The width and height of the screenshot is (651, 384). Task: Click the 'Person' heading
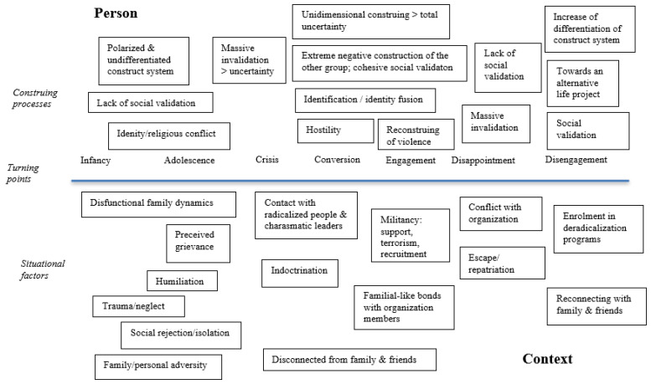tap(116, 13)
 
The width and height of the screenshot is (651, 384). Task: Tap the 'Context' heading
tap(547, 359)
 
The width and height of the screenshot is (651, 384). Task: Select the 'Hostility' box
tap(335, 131)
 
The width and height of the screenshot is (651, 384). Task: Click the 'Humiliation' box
tap(182, 281)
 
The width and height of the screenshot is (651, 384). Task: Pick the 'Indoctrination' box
tap(300, 274)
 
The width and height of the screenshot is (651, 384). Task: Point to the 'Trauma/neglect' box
tap(139, 306)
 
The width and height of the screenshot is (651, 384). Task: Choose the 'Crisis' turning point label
tap(267, 160)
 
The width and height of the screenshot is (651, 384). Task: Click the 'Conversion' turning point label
tap(337, 160)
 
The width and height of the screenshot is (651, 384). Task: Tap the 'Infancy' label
tap(96, 161)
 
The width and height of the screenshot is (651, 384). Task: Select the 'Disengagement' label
tap(576, 160)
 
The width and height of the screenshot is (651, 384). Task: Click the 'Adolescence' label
tap(189, 161)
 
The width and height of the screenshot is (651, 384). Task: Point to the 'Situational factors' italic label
tap(43, 269)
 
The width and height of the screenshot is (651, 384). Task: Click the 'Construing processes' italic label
tap(35, 98)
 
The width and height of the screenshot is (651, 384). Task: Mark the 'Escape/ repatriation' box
tap(503, 263)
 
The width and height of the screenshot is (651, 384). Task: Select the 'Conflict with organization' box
tap(501, 213)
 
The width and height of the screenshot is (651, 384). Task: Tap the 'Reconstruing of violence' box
tap(416, 135)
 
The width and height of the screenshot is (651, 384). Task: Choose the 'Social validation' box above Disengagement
tap(588, 131)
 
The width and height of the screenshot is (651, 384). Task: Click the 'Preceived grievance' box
tap(198, 243)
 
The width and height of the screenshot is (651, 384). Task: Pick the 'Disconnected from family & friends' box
tap(349, 360)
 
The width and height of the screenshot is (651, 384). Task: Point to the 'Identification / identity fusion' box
tap(365, 100)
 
